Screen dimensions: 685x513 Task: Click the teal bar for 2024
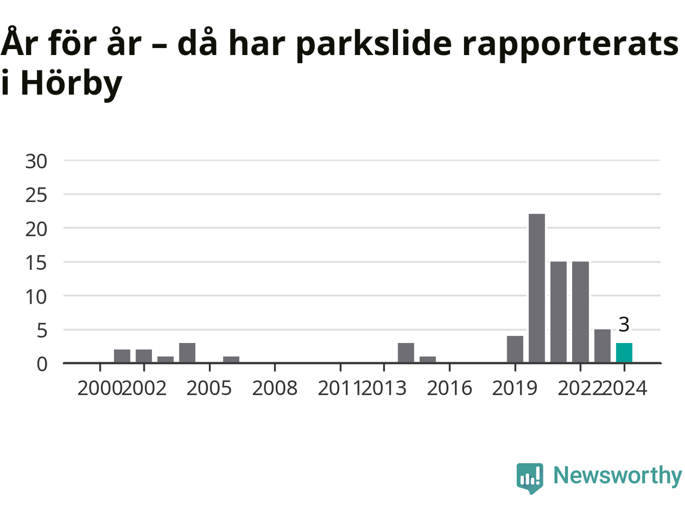tap(624, 353)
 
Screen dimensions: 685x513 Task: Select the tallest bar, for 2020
tap(536, 288)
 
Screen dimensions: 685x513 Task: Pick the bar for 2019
tap(515, 349)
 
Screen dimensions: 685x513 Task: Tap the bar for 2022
tap(581, 312)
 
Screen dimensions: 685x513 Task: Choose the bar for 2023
tap(602, 346)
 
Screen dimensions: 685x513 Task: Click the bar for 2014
tap(406, 353)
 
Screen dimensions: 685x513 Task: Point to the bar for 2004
tap(187, 353)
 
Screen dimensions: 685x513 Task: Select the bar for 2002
tap(144, 356)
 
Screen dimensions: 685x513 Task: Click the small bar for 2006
tap(231, 360)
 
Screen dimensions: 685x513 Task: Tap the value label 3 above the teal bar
tap(624, 324)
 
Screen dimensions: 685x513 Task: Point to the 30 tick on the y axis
tap(36, 161)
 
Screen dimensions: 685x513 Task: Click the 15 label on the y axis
tap(36, 263)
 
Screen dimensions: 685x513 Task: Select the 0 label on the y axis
tap(42, 364)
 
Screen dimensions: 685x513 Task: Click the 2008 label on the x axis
tap(275, 388)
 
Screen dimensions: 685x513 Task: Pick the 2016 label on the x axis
tap(450, 388)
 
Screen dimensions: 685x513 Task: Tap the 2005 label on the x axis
tap(209, 388)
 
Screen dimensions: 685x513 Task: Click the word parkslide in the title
tap(374, 44)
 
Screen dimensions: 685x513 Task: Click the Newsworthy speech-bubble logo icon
tap(530, 478)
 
